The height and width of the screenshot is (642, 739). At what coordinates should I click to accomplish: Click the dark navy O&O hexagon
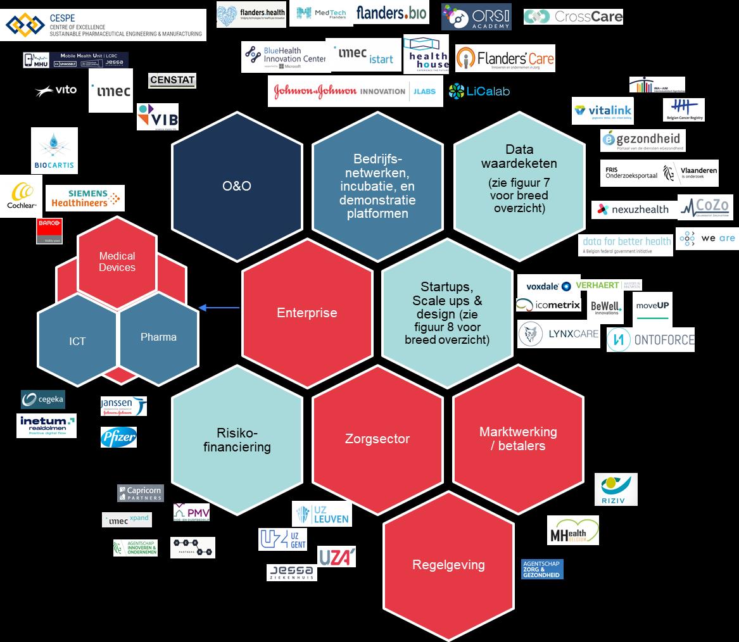[x=237, y=186]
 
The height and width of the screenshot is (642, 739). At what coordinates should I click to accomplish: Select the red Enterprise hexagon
[x=307, y=313]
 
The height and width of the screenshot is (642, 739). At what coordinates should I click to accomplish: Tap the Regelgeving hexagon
[x=448, y=565]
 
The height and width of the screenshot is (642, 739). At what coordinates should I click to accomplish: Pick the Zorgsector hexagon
[x=377, y=439]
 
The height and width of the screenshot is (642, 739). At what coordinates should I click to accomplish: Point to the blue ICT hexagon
[x=77, y=341]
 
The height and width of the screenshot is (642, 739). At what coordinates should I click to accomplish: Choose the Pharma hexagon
[x=158, y=337]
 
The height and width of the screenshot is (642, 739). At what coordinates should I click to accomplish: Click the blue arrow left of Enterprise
[x=218, y=308]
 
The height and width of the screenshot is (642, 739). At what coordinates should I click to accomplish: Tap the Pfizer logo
[x=118, y=437]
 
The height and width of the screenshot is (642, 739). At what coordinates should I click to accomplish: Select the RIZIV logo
[x=616, y=489]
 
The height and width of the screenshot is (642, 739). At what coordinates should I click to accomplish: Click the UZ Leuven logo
[x=322, y=513]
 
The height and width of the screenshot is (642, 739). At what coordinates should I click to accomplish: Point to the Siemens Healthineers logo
[x=85, y=198]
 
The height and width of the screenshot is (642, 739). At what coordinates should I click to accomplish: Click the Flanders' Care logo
[x=505, y=59]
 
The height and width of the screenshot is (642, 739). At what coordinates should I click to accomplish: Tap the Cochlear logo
[x=21, y=196]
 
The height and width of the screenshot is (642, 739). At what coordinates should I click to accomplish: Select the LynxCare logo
[x=558, y=334]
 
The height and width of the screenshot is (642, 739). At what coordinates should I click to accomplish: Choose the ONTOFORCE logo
[x=650, y=340]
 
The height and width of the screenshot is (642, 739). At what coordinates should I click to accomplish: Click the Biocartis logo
[x=54, y=151]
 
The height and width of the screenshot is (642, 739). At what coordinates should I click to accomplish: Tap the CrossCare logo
[x=573, y=16]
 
